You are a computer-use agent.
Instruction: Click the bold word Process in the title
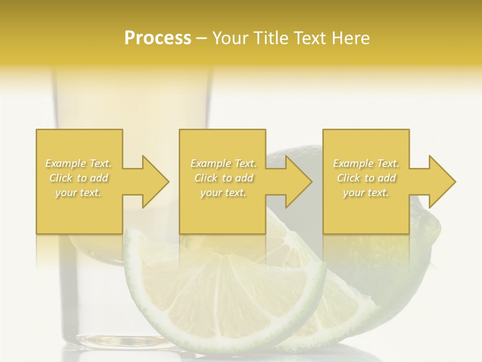point(158,38)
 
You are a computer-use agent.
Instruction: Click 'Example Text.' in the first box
point(78,163)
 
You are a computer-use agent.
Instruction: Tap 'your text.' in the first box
point(78,193)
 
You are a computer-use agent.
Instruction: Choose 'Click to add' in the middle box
point(223,178)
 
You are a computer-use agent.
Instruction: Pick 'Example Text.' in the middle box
point(223,163)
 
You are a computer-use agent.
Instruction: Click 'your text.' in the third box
point(366,193)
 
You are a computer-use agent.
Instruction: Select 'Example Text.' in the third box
point(366,163)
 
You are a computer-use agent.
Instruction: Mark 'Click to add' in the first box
point(78,178)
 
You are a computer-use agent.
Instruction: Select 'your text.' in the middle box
point(223,193)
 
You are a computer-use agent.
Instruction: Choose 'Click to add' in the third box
point(366,178)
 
